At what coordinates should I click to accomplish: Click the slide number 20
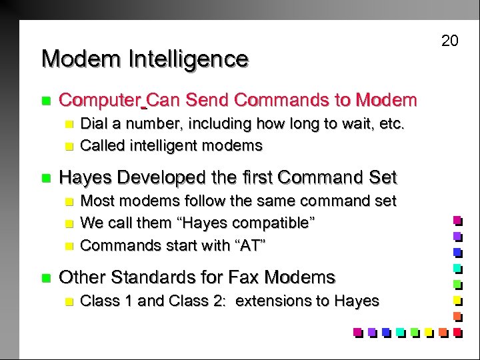(450, 41)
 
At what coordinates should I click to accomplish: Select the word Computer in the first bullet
(100, 101)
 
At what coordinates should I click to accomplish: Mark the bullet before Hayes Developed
(45, 178)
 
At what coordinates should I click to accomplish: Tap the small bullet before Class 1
(67, 301)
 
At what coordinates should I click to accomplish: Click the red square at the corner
(457, 331)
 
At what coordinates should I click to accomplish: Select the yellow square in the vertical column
(457, 299)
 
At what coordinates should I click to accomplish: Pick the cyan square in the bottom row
(399, 331)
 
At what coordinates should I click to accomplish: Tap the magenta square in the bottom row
(357, 331)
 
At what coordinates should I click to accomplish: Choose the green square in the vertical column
(457, 283)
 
